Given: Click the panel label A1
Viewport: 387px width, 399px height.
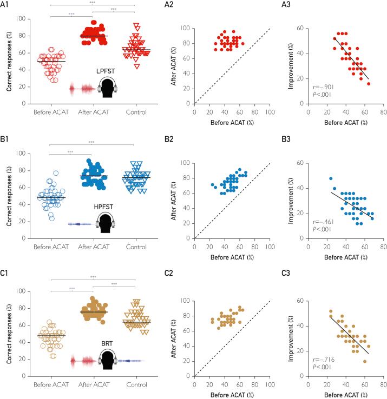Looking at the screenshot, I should pos(11,5).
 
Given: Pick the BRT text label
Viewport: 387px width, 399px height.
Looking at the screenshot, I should pos(106,344).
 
